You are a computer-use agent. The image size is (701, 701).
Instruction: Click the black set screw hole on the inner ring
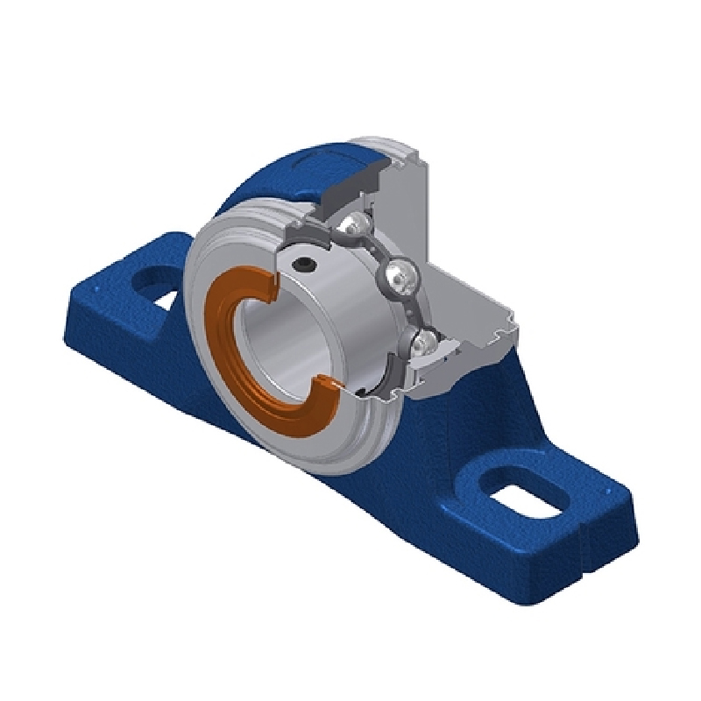(303, 263)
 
